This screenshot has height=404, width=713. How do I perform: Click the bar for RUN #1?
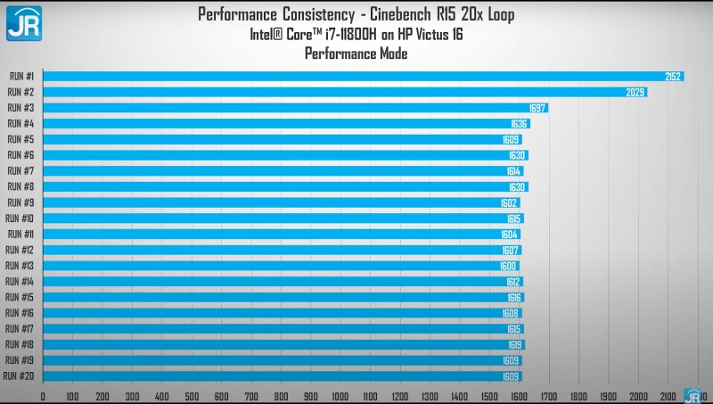356,77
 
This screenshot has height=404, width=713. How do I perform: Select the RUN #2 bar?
339,92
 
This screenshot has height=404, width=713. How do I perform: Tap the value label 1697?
537,108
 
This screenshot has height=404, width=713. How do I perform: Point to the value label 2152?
673,77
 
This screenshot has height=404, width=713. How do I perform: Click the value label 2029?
636,92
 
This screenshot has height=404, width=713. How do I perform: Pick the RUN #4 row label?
20,124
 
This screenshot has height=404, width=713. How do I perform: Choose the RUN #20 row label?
19,375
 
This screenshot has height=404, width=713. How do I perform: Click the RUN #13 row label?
20,266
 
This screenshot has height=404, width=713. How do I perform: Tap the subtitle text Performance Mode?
356,54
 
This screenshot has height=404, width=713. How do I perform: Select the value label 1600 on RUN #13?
508,266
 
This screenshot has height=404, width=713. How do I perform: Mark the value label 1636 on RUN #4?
519,124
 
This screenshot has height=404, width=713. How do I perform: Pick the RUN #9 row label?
20,202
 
